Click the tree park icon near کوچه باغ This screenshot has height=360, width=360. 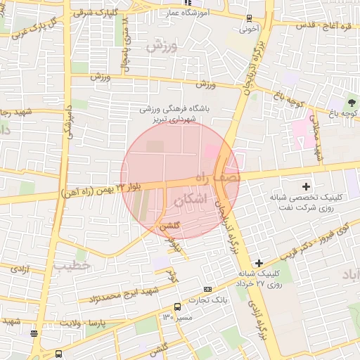(352, 103)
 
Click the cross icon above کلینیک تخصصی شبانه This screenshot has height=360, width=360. (305, 187)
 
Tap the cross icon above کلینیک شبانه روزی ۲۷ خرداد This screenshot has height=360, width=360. (259, 262)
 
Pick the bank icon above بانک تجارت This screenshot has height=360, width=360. (207, 289)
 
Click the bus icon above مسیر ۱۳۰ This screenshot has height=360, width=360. (177, 307)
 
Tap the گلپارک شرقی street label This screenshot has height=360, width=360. (105, 13)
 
